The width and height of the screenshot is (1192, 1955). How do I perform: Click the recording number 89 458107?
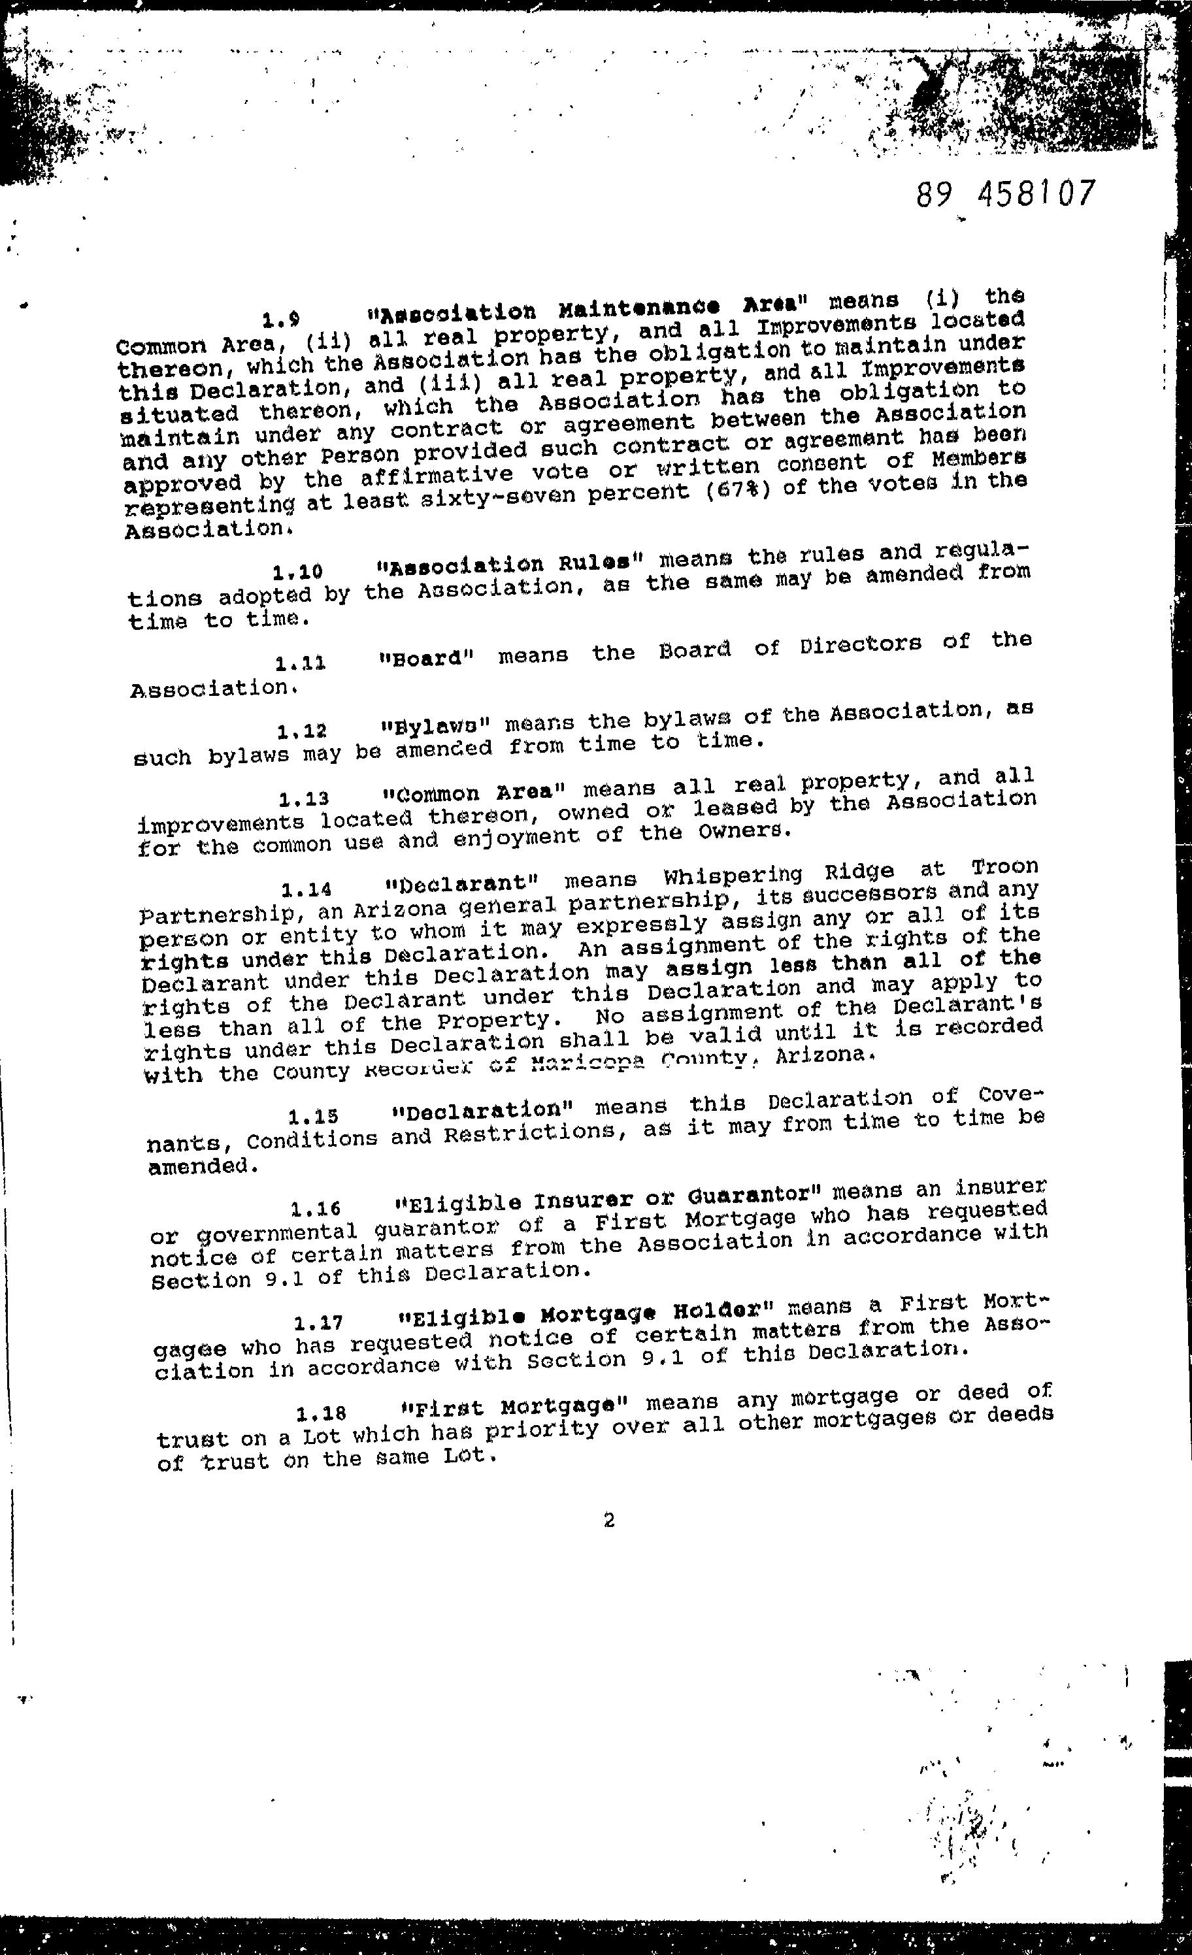click(1004, 193)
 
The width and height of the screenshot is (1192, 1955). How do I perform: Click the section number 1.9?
click(281, 321)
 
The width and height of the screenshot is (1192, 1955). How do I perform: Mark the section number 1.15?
click(314, 1116)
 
